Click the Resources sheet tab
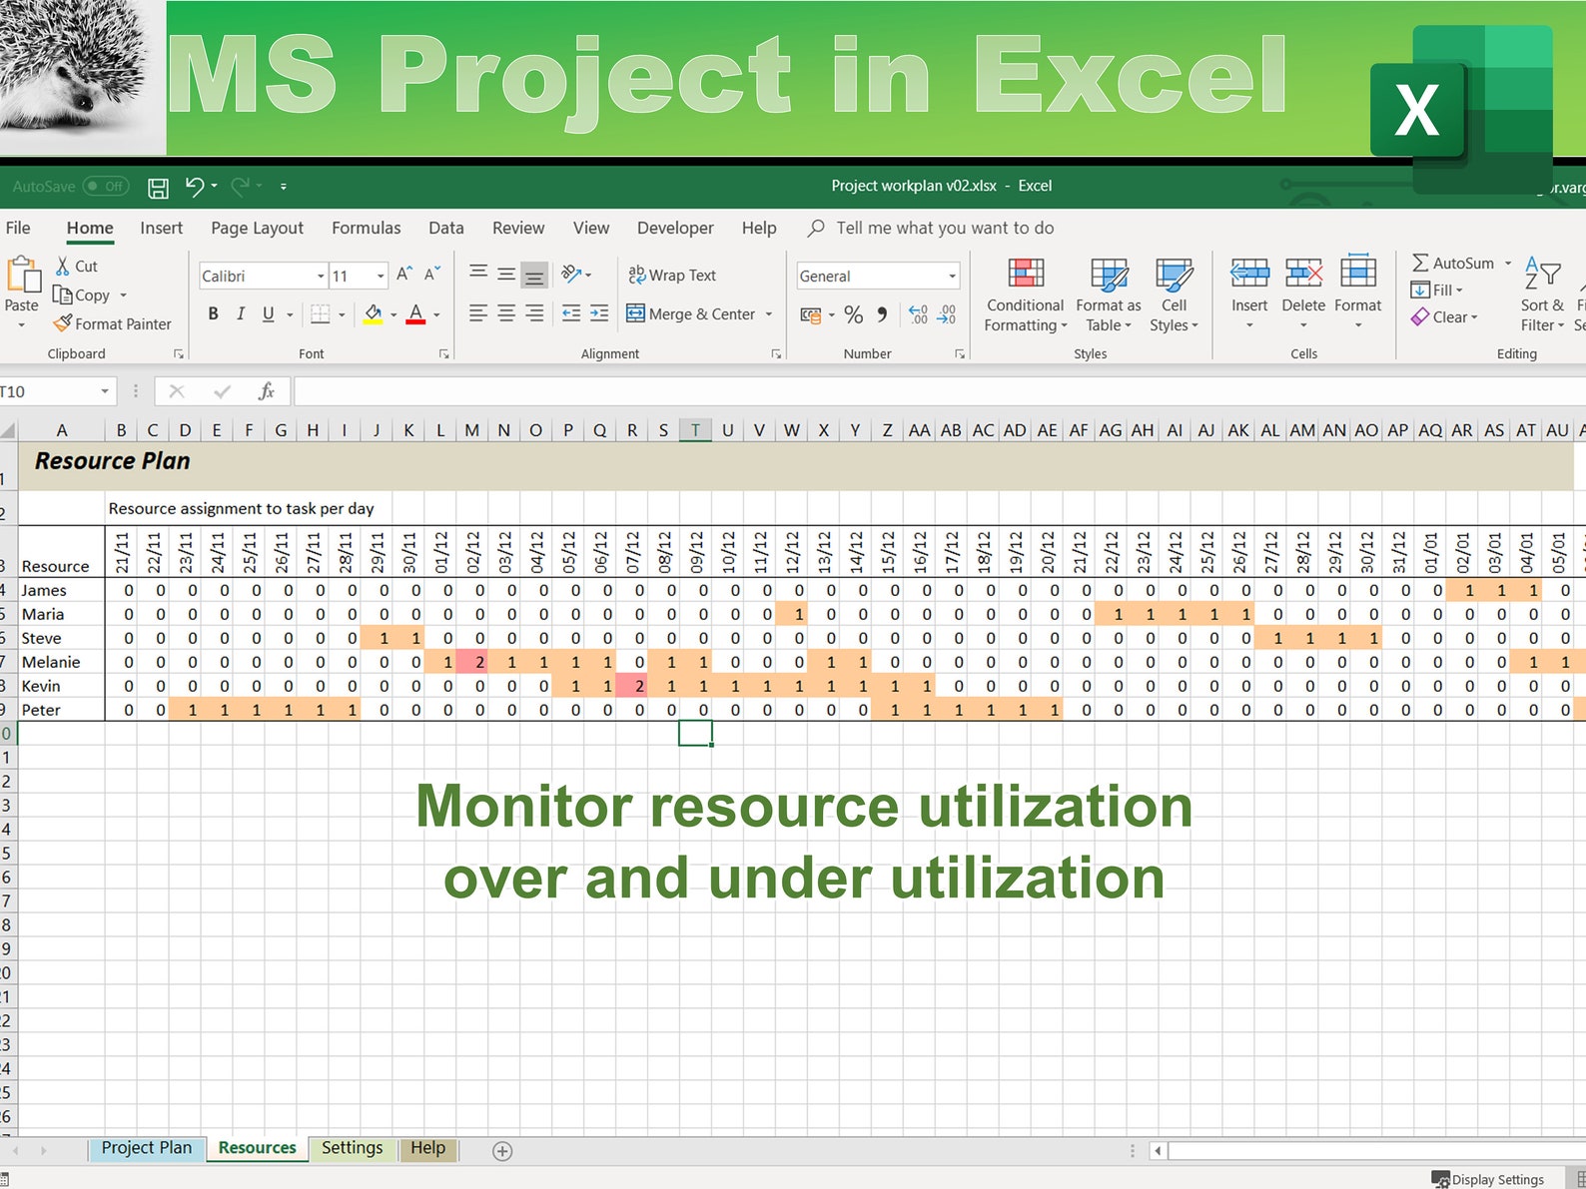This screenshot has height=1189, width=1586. click(257, 1148)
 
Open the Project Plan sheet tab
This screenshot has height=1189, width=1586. click(146, 1148)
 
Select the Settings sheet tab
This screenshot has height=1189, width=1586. click(352, 1148)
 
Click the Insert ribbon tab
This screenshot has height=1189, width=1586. click(161, 228)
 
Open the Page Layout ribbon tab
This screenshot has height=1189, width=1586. click(257, 228)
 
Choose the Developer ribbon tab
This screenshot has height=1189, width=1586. click(675, 228)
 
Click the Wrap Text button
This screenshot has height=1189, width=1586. click(672, 276)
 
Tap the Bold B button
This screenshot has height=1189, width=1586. click(213, 313)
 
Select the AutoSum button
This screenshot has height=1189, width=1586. click(1453, 264)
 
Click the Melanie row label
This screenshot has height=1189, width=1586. click(51, 662)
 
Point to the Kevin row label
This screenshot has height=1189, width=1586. click(41, 686)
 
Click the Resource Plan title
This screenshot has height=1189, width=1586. click(112, 461)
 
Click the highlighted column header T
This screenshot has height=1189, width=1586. click(695, 430)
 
